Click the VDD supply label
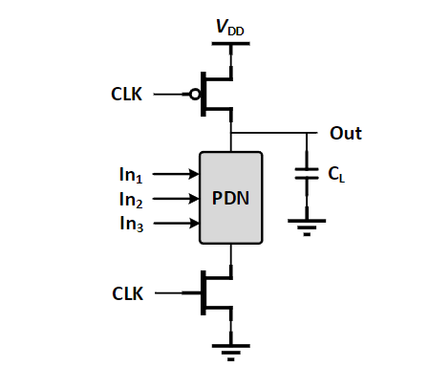point(230,28)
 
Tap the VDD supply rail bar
point(230,44)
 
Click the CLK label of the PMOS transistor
point(126,95)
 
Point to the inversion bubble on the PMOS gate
point(195,95)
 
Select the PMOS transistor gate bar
point(204,95)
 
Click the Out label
point(346,133)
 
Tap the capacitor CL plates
point(307,174)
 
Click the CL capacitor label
point(336,175)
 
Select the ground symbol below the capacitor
point(307,227)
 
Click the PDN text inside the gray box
point(230,198)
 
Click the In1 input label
point(131,175)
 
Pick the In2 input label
point(131,200)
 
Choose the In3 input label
point(132,224)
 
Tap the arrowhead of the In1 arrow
point(194,174)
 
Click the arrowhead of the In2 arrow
point(194,199)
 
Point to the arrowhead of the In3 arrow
point(194,223)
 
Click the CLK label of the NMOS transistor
point(128,293)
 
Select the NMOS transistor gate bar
point(204,293)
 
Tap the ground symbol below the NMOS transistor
point(231,353)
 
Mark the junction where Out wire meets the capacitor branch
point(307,133)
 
